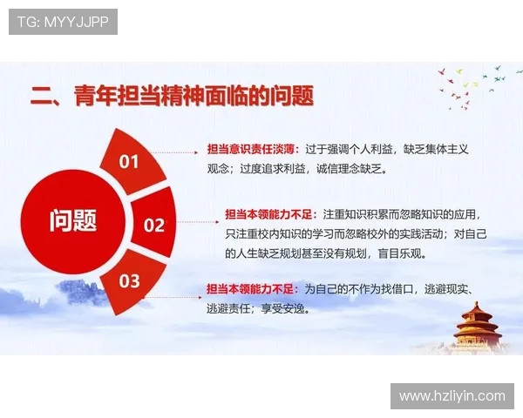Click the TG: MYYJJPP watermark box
click(63, 22)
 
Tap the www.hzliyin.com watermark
click(452, 395)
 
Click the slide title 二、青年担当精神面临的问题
click(172, 95)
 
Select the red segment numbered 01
click(130, 161)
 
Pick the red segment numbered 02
click(153, 226)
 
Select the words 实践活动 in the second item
click(415, 234)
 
